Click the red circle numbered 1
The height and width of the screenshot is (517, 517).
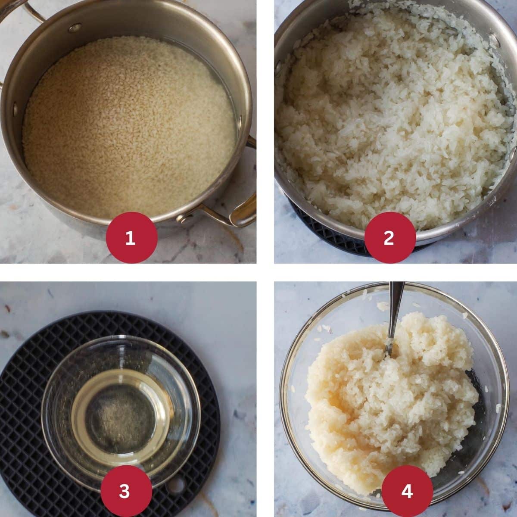pyautogui.click(x=130, y=237)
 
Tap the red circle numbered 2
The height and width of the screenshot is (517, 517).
pyautogui.click(x=389, y=237)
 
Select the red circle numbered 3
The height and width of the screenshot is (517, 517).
pyautogui.click(x=125, y=491)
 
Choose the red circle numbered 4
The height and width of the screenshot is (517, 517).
pyautogui.click(x=407, y=491)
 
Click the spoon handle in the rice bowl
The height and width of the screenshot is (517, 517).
pyautogui.click(x=395, y=310)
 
